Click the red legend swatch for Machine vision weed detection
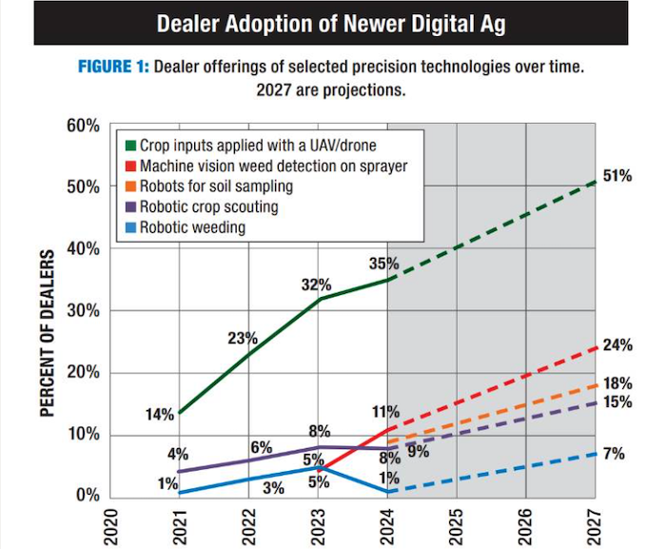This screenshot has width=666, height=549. (x=131, y=167)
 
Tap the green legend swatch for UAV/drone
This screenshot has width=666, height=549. (x=131, y=147)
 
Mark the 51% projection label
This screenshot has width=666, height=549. (x=617, y=177)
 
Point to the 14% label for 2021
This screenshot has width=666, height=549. (x=159, y=414)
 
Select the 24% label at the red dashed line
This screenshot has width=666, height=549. (x=617, y=344)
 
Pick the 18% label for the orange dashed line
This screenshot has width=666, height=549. (x=617, y=383)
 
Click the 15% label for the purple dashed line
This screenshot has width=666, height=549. (x=617, y=402)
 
